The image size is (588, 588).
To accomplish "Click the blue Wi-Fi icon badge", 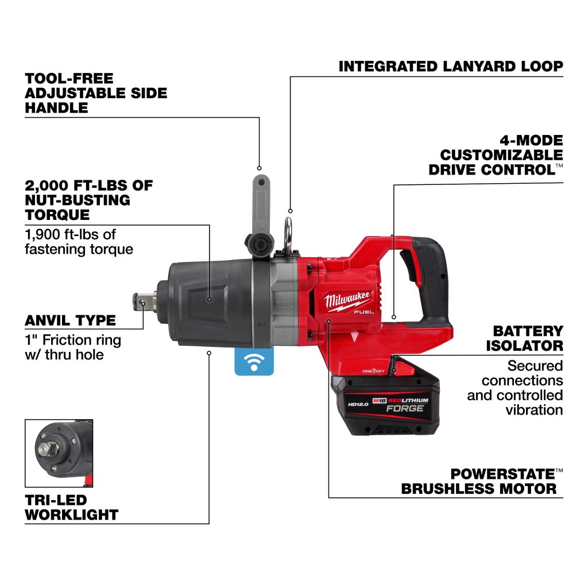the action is pos(254,361).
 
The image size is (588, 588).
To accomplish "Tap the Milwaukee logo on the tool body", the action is pos(347,300).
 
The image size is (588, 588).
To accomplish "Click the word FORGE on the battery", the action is pos(405,408).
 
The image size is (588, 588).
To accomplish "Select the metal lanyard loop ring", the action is pos(288,235).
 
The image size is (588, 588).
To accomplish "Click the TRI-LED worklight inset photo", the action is pos(59,454).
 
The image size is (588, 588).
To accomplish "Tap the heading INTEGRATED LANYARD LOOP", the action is pos(451,67).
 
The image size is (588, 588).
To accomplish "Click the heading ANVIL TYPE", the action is pos(70,320).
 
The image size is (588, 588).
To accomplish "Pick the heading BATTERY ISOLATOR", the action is pos(525,338).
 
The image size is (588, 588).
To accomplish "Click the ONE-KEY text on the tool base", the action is pos(373,371).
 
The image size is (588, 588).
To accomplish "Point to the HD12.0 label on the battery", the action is pos(358,404).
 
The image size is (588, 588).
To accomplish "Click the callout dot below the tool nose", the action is pos(209,353).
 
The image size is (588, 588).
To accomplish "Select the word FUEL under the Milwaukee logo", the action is pos(363,312).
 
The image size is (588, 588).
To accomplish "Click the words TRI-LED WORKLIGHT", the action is pos(71,508).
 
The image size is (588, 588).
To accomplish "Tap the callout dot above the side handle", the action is pos(259,168).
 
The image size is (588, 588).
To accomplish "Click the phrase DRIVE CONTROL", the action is pos(492,170).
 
